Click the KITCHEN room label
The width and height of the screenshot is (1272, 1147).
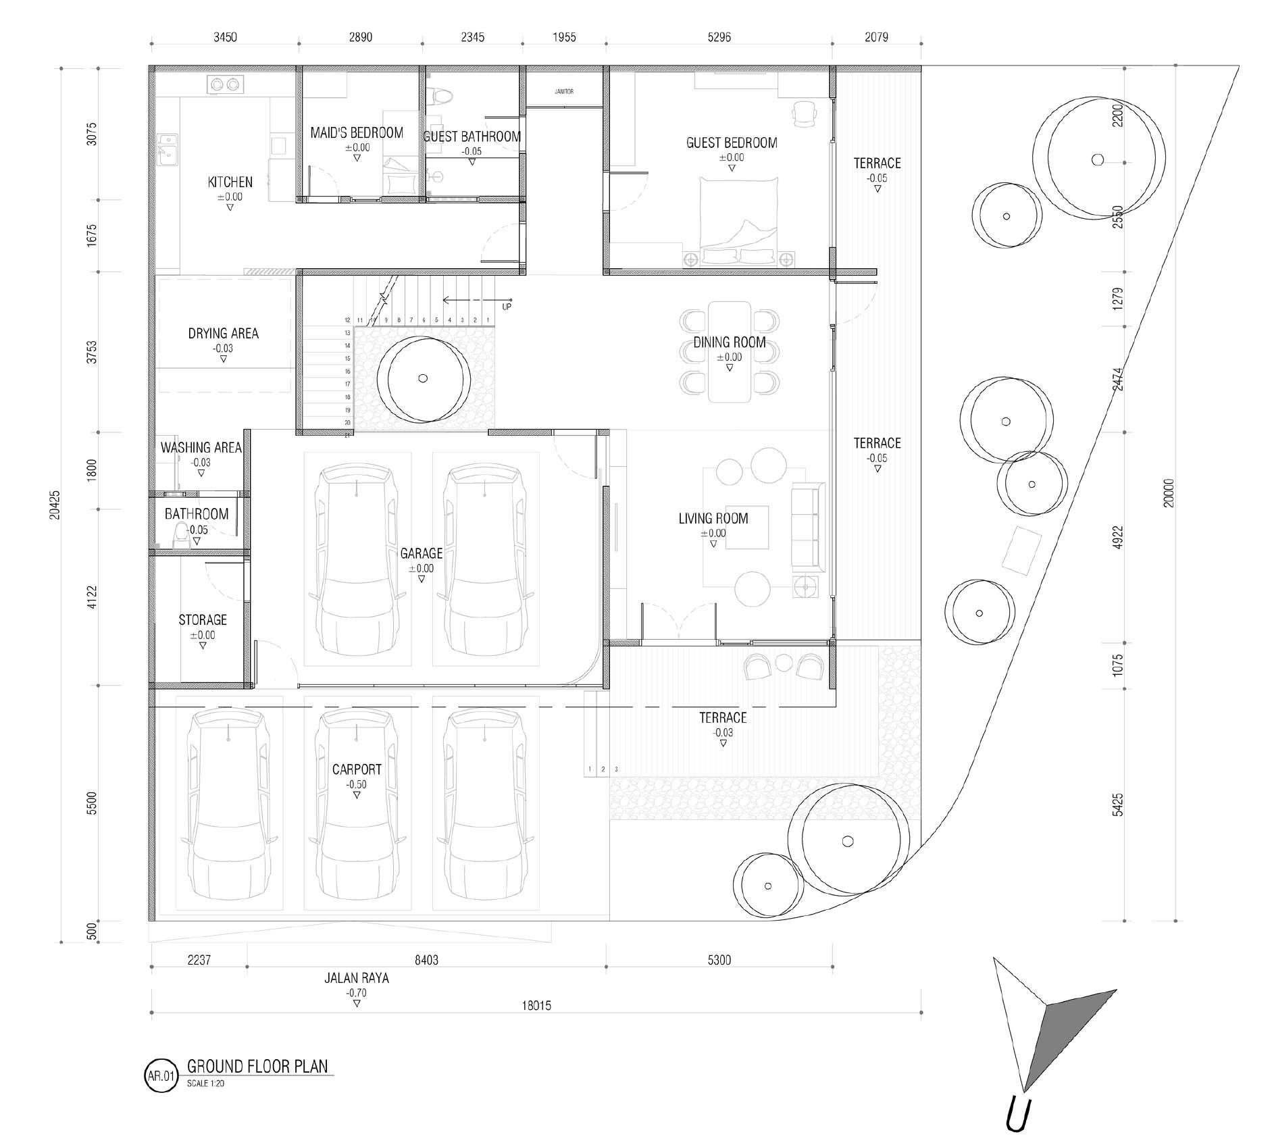click(230, 182)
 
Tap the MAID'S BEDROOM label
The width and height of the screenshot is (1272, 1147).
click(357, 132)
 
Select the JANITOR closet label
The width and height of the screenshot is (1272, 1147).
click(564, 91)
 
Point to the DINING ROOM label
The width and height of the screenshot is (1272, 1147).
click(730, 342)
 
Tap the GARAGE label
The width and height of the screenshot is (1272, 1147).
click(422, 553)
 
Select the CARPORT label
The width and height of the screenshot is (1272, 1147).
click(357, 769)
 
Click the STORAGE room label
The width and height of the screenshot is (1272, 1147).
click(203, 619)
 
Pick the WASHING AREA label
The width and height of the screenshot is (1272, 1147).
click(201, 447)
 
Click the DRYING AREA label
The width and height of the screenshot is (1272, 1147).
click(223, 333)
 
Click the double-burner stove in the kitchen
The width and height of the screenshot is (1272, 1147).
click(225, 84)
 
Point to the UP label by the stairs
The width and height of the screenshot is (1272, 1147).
click(507, 307)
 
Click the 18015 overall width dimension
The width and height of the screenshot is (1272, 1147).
click(536, 1005)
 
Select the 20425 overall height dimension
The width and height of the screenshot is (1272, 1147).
click(55, 505)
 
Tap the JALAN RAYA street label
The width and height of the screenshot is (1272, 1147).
click(357, 977)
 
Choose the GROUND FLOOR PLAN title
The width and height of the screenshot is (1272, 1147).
click(257, 1066)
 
